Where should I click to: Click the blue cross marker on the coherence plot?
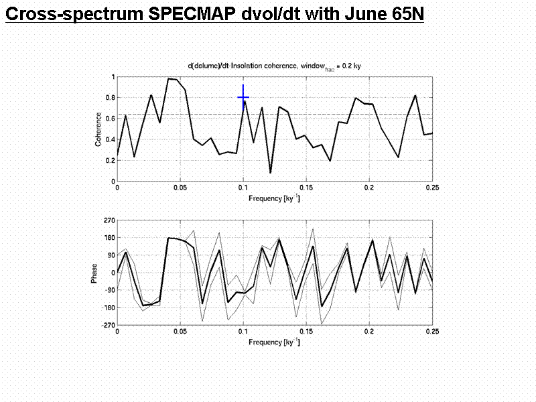pos(243,97)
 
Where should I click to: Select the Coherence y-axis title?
pos(98,129)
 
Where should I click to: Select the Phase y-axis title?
pos(94,272)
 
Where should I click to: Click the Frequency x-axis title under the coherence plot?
pos(274,199)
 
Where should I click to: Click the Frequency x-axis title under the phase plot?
pos(274,342)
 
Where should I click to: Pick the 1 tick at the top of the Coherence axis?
pos(113,77)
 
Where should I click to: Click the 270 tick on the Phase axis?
pos(109,220)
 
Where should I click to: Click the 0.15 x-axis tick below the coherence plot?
pos(306,189)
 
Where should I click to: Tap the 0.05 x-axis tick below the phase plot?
pos(180,332)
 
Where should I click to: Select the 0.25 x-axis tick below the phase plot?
pos(432,332)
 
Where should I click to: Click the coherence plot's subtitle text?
pos(274,65)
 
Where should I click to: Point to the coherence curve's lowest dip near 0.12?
pos(271,173)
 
